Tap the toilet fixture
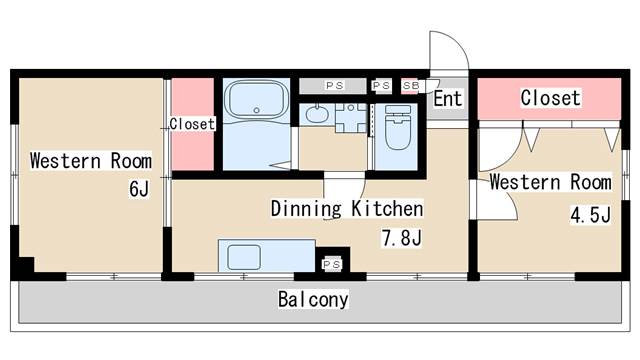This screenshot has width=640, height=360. click(398, 127)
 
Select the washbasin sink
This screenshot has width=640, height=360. click(317, 114)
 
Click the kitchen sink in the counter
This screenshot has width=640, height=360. click(244, 257)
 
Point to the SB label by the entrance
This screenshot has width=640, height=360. click(411, 86)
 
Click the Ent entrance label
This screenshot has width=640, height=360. click(448, 98)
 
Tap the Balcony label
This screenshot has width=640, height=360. click(313, 299)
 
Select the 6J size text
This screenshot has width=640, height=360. click(139, 189)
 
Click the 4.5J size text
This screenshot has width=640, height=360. click(590, 215)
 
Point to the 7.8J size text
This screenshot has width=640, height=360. click(401, 238)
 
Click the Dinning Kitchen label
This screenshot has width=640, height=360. click(347, 209)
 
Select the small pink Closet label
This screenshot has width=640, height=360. click(192, 124)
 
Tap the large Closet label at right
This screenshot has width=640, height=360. click(550, 98)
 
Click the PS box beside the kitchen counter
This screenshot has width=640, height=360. click(332, 264)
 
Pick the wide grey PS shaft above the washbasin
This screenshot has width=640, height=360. click(333, 86)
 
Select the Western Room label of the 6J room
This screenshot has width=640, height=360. click(91, 160)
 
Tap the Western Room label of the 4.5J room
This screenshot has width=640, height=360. click(551, 182)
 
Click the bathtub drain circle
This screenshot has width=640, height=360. click(256, 110)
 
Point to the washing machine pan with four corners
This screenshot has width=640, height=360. click(351, 118)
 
